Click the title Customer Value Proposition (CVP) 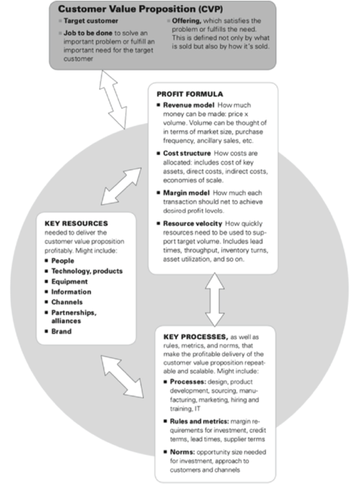pos(140,9)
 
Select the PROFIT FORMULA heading pos(190,94)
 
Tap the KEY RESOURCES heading pos(76,223)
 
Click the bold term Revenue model pos(189,105)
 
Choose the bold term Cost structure pos(187,153)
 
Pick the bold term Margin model pos(186,193)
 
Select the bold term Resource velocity pos(193,223)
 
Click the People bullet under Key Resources pos(63,261)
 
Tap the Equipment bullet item pos(69,282)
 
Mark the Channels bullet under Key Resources pos(67,302)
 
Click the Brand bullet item pos(61,331)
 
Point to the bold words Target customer pos(91,21)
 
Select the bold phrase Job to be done pos(88,33)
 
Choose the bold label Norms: pos(182,452)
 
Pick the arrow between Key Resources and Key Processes pos(122,376)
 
